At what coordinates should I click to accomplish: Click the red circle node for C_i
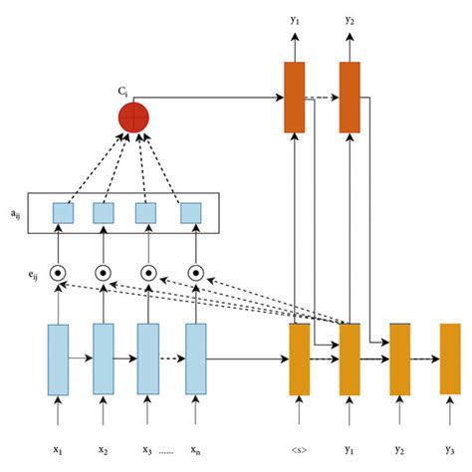[133, 117]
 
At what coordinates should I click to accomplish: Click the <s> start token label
[300, 449]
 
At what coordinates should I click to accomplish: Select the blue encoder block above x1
[58, 359]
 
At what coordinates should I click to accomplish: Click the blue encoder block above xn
[196, 359]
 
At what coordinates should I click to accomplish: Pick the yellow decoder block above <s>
[300, 359]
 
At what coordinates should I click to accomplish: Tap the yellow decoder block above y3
[450, 359]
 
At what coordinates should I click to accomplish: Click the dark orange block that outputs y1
[294, 98]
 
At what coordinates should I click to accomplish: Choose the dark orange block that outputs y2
[350, 98]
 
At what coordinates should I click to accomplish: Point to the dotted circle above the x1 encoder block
[58, 272]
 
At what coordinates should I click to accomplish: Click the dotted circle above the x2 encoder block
[104, 272]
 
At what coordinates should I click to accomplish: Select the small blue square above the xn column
[189, 213]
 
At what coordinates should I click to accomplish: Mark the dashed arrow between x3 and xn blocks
[172, 356]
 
